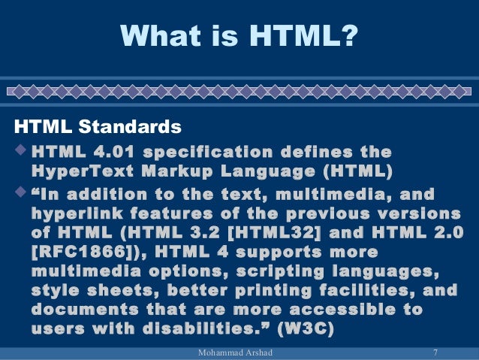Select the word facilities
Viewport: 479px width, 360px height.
coord(363,289)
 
